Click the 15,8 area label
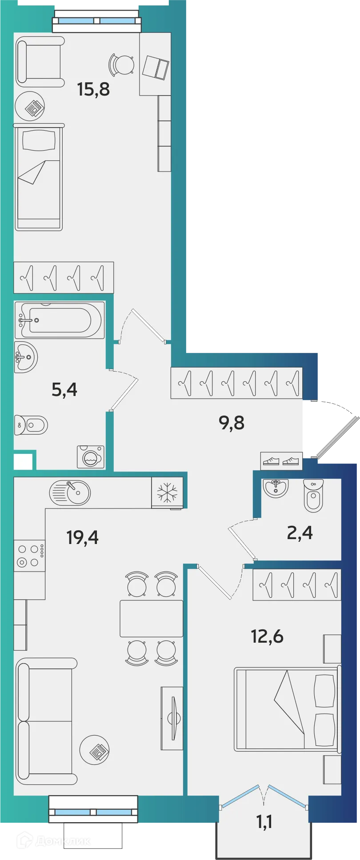tap(93, 89)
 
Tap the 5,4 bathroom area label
tap(64, 390)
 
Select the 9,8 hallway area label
tap(232, 423)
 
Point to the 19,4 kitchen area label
tap(82, 537)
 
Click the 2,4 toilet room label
tap(300, 532)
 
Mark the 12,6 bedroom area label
tap(267, 636)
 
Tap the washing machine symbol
tap(91, 457)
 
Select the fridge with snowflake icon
tap(167, 492)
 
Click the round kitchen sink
tap(70, 492)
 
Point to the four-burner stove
tap(29, 556)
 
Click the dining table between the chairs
tap(151, 618)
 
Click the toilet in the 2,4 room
tap(313, 496)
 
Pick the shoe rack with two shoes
tap(281, 461)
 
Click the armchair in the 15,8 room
tap(40, 61)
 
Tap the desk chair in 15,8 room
tap(122, 65)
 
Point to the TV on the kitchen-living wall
tap(173, 718)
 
